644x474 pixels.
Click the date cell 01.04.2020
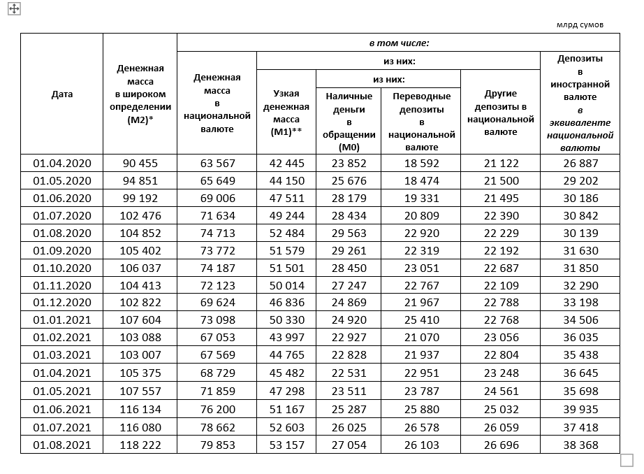61,163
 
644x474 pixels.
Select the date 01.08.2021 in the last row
61,445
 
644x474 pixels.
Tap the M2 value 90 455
140,163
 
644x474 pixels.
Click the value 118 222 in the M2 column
140,445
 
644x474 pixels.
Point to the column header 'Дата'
61,94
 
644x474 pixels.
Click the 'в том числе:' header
398,43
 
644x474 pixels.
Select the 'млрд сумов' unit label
579,25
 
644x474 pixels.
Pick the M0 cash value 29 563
349,234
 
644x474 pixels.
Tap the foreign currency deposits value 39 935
580,410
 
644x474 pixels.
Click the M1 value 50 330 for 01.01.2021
286,322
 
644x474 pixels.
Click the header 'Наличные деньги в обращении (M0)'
349,121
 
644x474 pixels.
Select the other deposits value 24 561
501,392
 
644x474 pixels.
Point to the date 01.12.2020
61,304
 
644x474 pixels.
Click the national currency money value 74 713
217,234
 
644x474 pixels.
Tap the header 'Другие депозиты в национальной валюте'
501,112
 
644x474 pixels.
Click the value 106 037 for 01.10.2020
140,268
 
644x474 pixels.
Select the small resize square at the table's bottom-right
627,460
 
